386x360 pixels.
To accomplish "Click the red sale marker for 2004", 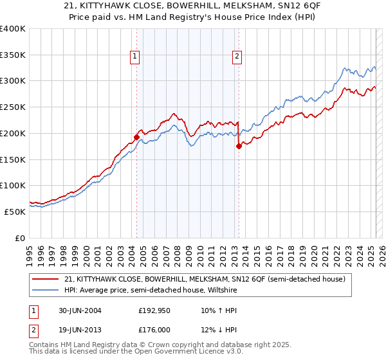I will point(137,137).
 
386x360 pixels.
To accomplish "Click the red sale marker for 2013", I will point(239,146).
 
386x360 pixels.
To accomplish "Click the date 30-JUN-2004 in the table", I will point(78,310).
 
